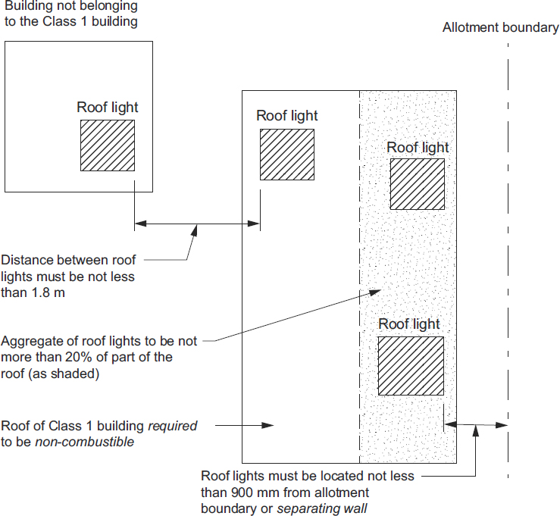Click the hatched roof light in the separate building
click(x=108, y=145)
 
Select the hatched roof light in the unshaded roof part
click(x=286, y=154)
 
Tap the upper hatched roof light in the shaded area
click(x=417, y=183)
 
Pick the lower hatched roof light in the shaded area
click(x=411, y=365)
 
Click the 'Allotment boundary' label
click(x=500, y=28)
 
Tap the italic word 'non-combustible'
click(x=84, y=442)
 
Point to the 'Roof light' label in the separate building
click(x=108, y=108)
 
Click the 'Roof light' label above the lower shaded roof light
click(x=409, y=324)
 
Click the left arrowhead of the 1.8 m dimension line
click(x=139, y=224)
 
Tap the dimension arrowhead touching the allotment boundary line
click(x=503, y=425)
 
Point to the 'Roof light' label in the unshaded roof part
click(x=287, y=116)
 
